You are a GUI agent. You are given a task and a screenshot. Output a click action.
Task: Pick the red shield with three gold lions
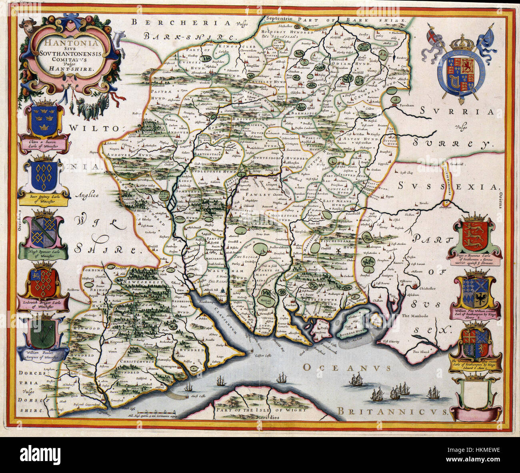tap(475, 236)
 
